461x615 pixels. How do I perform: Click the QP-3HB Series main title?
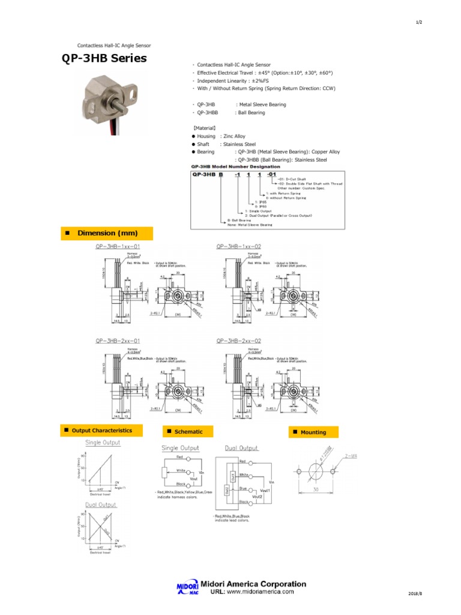104,59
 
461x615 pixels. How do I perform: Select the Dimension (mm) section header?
106,233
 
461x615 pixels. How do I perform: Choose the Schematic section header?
185,432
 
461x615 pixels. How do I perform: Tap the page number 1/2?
418,22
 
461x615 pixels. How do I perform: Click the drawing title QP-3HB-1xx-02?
238,246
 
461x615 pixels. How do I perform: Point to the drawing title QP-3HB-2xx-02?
238,341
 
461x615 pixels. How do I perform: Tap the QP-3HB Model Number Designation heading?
235,166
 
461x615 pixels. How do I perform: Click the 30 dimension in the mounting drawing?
316,490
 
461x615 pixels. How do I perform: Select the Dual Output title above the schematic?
241,448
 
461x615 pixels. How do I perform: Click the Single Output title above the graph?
103,443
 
